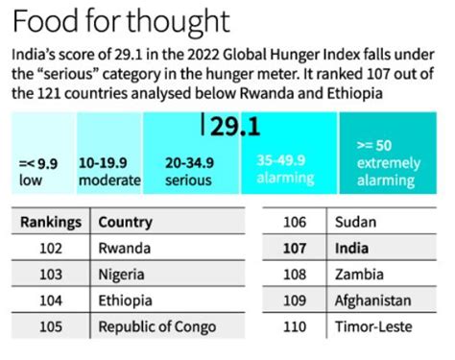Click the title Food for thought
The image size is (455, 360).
[x=119, y=21]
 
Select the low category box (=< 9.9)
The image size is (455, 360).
[x=38, y=171]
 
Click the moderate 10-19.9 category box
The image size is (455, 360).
[x=108, y=171]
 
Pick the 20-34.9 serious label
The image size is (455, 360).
[x=190, y=171]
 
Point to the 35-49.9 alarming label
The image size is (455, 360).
[x=284, y=169]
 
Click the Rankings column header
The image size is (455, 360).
[x=51, y=222]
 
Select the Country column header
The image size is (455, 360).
[x=125, y=222]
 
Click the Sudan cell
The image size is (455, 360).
[x=355, y=222]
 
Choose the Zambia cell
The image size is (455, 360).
[x=358, y=274]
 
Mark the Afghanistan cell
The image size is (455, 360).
[x=372, y=300]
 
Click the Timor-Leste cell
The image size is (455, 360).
[x=372, y=326]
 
